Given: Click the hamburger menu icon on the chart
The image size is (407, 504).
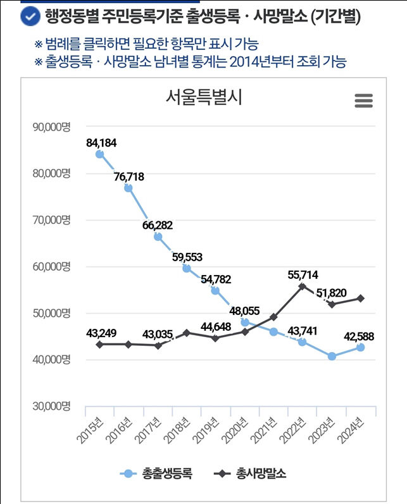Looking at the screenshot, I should tap(363, 101).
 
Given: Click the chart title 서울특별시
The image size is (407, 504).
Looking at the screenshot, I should tap(204, 97).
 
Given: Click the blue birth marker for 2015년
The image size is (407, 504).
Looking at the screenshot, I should tap(99, 154).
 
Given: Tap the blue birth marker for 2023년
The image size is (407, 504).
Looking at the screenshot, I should tap(332, 356).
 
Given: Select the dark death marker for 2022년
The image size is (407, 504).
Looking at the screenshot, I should tap(303, 286).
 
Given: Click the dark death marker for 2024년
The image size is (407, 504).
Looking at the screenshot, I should tap(360, 298).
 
